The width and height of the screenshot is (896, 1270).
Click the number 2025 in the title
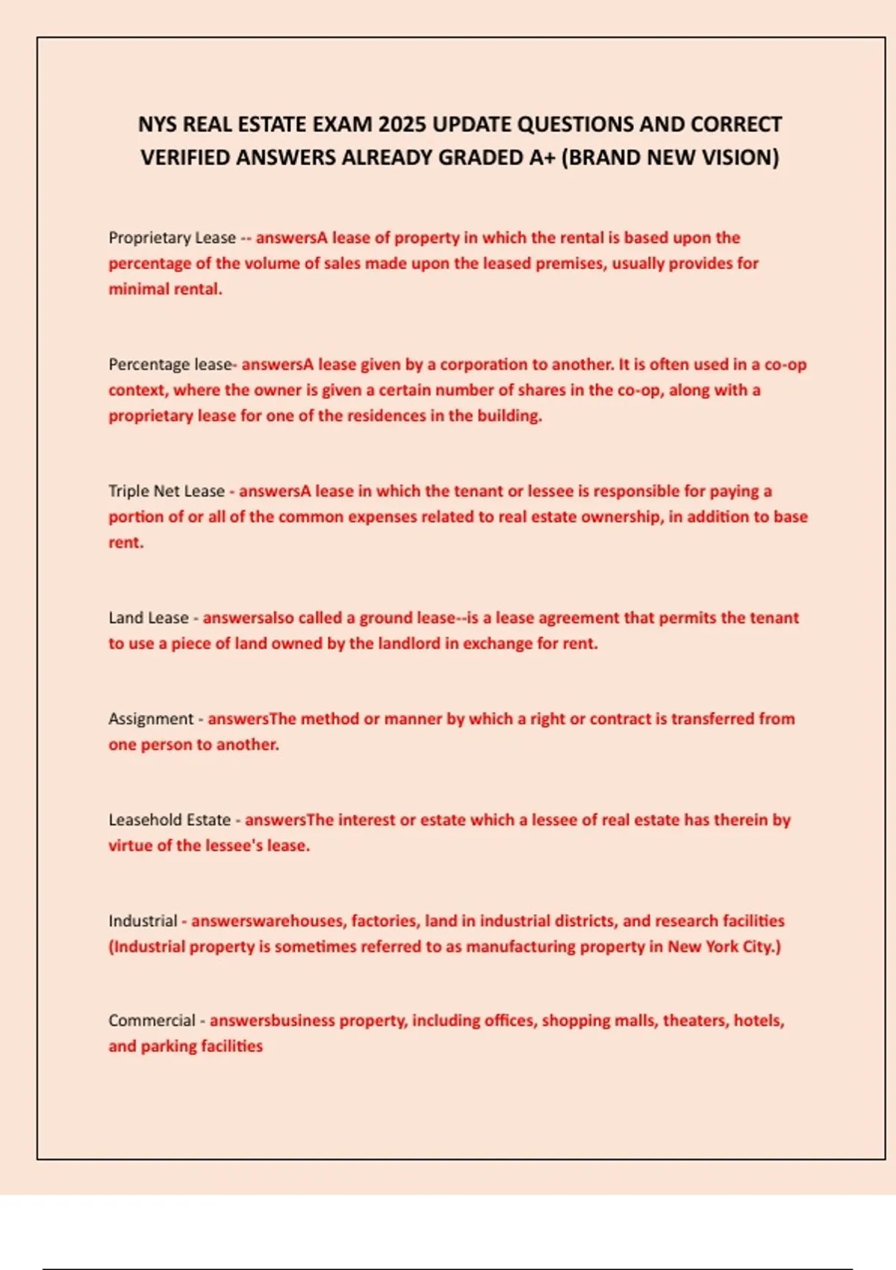402,124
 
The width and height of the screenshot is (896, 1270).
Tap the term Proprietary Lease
172,238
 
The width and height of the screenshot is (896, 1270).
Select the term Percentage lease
170,365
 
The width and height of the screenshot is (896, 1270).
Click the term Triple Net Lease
167,491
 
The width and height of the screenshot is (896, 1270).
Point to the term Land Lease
149,618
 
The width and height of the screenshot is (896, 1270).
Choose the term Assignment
151,719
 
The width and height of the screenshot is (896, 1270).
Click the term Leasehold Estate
169,820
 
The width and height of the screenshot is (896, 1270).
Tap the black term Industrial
143,920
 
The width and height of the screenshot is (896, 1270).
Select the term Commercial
152,1020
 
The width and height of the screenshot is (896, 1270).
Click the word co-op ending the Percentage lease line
785,365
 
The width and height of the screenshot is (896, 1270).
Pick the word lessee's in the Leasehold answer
234,846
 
